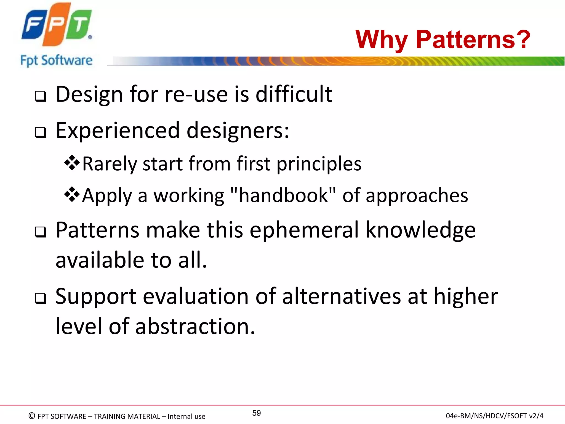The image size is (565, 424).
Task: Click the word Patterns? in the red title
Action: [x=473, y=39]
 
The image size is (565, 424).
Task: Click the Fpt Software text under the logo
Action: [x=56, y=60]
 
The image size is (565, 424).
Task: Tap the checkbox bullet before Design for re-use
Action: [x=41, y=96]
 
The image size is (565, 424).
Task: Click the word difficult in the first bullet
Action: [x=294, y=94]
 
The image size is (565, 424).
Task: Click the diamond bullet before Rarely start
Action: [x=72, y=163]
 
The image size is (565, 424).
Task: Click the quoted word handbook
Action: [x=283, y=195]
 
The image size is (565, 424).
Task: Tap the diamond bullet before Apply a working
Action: [x=72, y=194]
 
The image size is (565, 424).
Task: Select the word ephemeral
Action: [x=304, y=230]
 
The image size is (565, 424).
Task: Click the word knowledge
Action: [x=421, y=230]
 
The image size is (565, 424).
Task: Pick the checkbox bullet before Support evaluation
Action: [x=41, y=298]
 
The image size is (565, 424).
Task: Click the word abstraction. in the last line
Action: [x=195, y=326]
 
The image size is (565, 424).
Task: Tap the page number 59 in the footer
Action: [x=256, y=413]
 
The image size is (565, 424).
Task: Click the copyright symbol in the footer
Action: [x=32, y=416]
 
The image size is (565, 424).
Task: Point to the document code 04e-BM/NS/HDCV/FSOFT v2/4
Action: [x=494, y=416]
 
